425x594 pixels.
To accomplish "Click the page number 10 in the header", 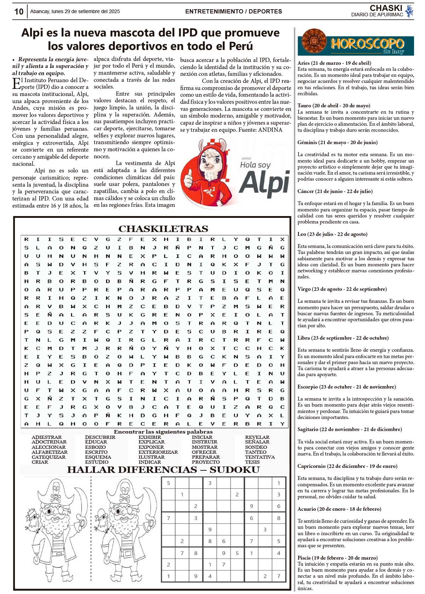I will tap(19, 12).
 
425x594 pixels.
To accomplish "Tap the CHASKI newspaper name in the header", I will tap(386, 8).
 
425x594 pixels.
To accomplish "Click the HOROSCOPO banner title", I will tap(367, 44).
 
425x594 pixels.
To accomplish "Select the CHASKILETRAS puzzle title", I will tap(163, 229).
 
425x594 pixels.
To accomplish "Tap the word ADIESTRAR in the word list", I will tap(46, 437).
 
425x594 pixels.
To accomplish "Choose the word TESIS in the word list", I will tap(252, 462).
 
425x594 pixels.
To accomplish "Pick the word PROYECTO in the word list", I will tap(205, 462).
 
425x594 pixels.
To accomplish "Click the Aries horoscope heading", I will tap(334, 63).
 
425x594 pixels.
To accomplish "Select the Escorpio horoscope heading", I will tap(346, 387).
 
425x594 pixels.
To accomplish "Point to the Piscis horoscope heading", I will tap(337, 558).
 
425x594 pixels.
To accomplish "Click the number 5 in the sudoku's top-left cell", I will tap(169, 483).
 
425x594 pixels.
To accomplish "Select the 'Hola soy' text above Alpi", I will tap(255, 165).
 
